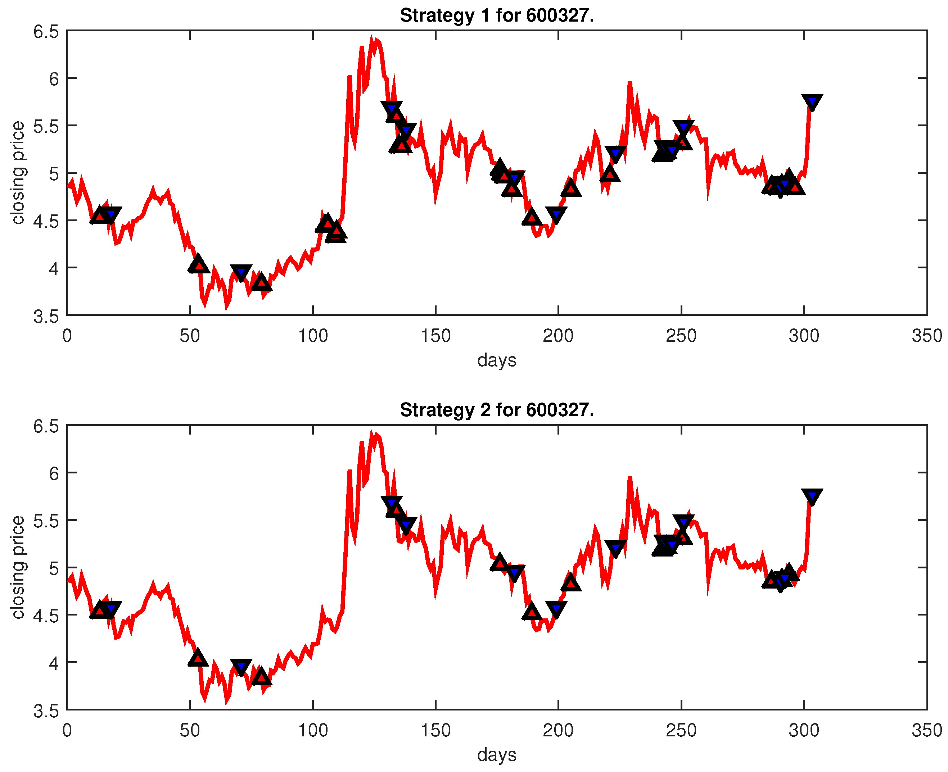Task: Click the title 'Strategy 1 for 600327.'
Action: coord(496,15)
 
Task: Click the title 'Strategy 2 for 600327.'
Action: coord(496,410)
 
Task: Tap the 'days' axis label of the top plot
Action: coord(496,360)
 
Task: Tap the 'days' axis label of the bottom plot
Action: coord(496,754)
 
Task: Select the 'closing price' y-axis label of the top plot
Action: coord(18,173)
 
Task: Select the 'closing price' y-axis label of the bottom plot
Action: coord(18,567)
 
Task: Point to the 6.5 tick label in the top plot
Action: coord(46,32)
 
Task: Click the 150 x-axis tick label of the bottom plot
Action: coord(435,730)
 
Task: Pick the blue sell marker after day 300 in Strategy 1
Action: coord(812,102)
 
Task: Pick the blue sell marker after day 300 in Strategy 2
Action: coord(812,496)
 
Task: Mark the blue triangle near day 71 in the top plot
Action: coord(241,272)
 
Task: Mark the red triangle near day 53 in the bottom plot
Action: coord(198,658)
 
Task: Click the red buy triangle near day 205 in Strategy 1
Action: coord(571,189)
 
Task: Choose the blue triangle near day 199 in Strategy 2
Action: coord(556,609)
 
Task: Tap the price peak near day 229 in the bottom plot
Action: coord(629,478)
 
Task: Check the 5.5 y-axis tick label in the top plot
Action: coord(46,126)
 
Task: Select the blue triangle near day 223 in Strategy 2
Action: coord(615,548)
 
